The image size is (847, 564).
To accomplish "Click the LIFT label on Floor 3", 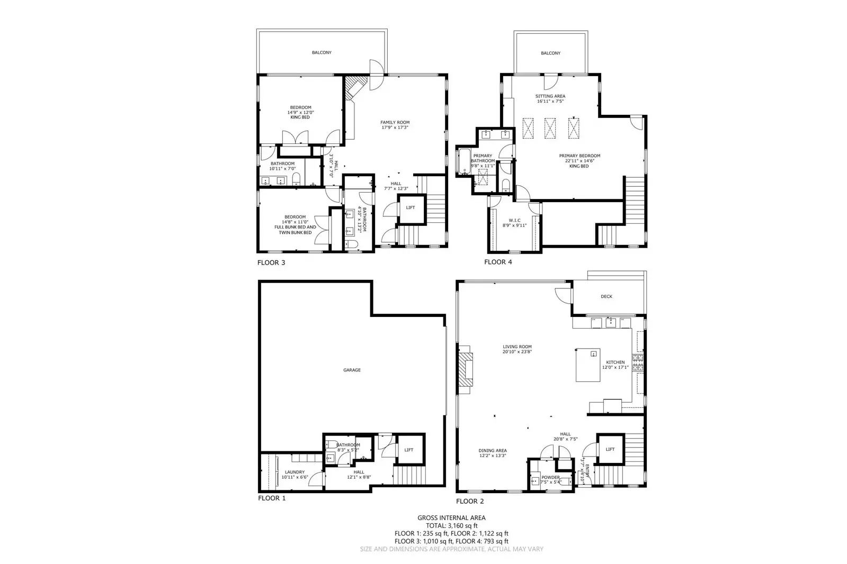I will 411,207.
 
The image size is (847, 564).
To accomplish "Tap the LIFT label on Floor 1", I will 409,450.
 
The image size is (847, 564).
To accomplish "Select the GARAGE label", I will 352,370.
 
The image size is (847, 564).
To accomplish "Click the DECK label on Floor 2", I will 607,296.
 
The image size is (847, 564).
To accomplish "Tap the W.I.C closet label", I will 514,220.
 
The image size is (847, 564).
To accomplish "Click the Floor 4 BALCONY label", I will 550,53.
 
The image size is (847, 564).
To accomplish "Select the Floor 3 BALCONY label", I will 322,52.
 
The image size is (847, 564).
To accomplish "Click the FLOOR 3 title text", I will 271,262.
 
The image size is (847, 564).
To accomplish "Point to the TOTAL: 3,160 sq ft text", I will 451,526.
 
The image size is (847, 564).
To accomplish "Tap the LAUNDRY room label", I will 295,472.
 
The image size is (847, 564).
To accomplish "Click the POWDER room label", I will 551,477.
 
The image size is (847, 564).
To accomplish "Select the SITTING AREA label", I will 550,96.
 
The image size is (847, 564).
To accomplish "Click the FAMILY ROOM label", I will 395,122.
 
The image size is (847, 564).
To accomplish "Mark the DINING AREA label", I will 493,450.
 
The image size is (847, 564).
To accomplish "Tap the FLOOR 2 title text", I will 470,501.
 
